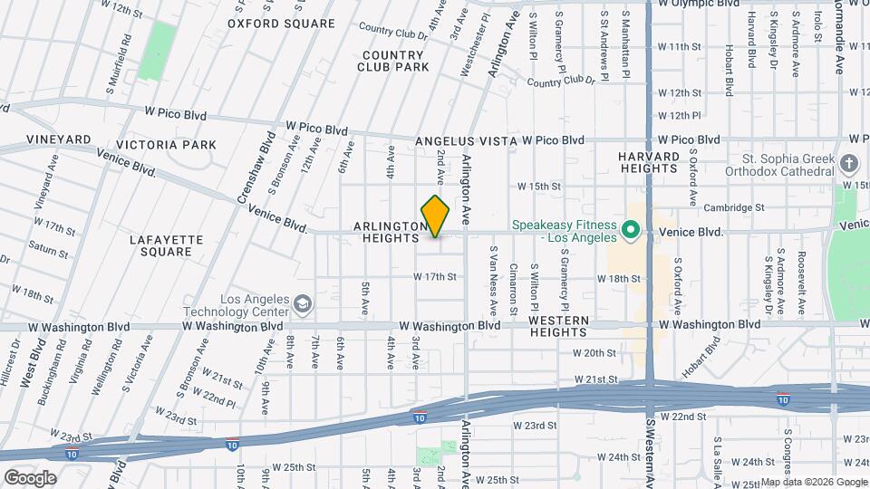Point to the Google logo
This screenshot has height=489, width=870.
coord(30,477)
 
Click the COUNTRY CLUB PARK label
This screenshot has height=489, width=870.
coord(392,61)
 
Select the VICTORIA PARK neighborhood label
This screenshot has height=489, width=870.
coord(167,145)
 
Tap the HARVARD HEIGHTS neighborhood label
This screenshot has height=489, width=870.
coord(649,162)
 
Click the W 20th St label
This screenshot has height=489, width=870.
coord(594,353)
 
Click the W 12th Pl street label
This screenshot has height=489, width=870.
coord(680,116)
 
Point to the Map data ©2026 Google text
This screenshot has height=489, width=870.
coord(814,482)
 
